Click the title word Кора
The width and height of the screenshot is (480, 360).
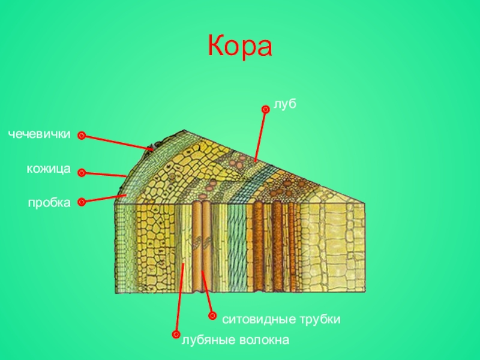[240, 46]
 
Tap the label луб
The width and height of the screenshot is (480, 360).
[285, 104]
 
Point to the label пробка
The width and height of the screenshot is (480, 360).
[49, 202]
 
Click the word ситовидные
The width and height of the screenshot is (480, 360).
[256, 319]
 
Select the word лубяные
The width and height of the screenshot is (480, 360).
[206, 340]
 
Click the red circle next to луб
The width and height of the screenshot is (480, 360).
[264, 109]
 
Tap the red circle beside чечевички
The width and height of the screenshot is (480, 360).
[82, 136]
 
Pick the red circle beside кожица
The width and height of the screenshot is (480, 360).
[82, 173]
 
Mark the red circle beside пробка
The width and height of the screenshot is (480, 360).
[82, 202]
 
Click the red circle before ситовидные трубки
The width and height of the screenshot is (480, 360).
[212, 316]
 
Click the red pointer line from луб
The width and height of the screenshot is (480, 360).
[259, 135]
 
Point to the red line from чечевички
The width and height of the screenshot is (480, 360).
[117, 142]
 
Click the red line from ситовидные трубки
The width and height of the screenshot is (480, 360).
[207, 294]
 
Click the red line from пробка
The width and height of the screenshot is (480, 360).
[103, 199]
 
